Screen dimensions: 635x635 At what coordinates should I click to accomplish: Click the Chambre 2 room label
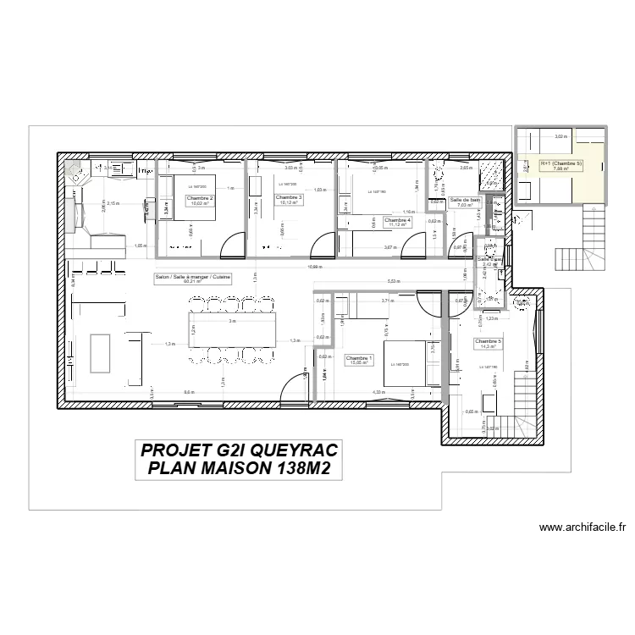[x=200, y=198]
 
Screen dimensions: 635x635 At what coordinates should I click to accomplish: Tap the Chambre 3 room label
[x=289, y=198]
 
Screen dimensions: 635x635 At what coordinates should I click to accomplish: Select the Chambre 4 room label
[x=397, y=220]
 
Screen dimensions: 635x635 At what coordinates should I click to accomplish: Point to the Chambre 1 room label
[x=359, y=358]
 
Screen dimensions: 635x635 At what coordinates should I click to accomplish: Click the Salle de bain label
[x=466, y=200]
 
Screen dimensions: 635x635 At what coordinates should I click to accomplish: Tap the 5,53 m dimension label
[x=393, y=281]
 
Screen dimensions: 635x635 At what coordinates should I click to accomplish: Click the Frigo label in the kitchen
[x=146, y=172]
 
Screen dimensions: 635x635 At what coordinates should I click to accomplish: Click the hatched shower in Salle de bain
[x=490, y=173]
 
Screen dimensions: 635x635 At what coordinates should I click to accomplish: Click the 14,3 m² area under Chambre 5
[x=489, y=347]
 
